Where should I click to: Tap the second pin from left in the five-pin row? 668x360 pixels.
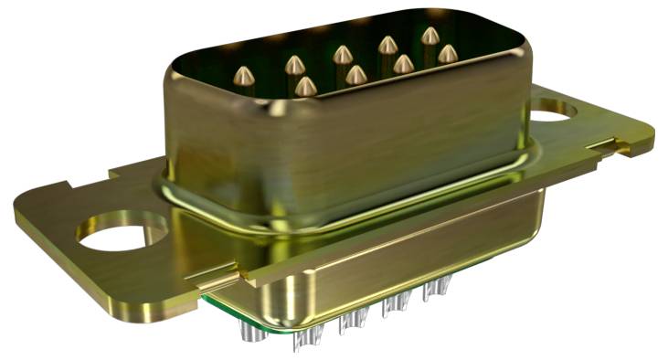click(x=294, y=65)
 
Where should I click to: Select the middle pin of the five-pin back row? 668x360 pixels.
click(x=342, y=55)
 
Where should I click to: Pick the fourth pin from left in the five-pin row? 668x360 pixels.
click(x=387, y=45)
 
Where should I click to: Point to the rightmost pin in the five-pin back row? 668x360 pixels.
click(x=429, y=36)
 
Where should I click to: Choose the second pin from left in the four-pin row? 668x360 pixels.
click(x=355, y=74)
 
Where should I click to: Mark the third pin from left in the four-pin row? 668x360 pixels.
click(x=402, y=63)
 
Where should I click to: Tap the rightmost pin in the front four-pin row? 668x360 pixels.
click(x=447, y=54)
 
